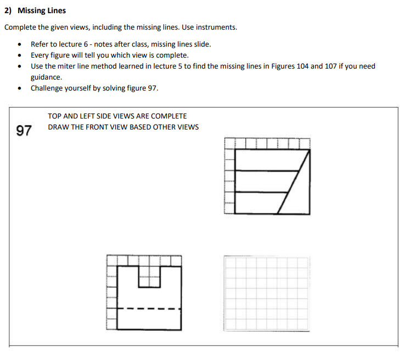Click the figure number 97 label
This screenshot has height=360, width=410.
tap(24, 131)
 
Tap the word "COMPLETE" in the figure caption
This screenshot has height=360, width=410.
tap(169, 116)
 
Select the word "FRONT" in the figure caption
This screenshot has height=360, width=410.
tap(98, 127)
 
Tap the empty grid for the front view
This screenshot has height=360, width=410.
tap(267, 292)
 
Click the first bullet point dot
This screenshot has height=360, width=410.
tap(20, 44)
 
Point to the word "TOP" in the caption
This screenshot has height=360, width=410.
tap(54, 116)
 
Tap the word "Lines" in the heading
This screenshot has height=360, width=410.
tap(56, 10)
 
